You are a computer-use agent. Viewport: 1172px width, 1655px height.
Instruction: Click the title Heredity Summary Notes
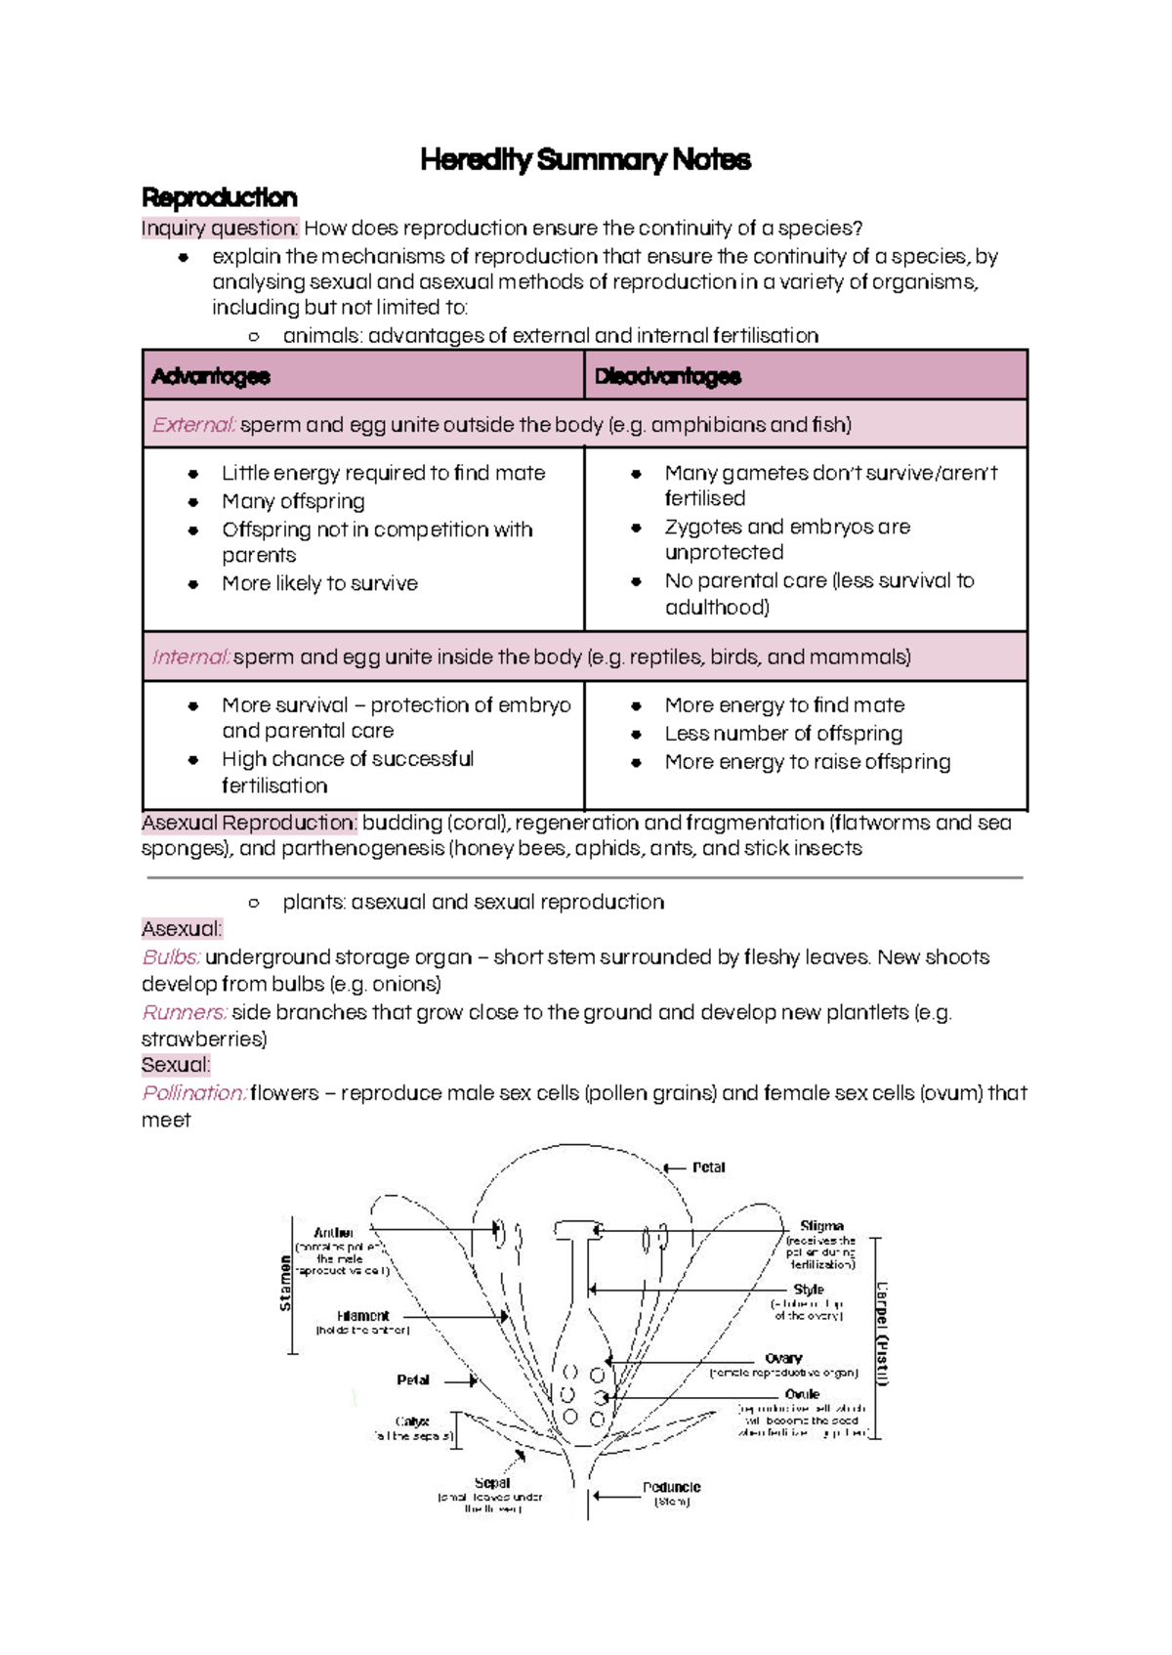click(585, 159)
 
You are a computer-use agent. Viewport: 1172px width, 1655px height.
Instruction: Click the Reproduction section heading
click(219, 197)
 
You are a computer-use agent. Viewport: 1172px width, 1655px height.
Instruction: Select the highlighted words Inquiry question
click(219, 229)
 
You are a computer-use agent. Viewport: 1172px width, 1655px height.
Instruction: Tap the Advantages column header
click(211, 376)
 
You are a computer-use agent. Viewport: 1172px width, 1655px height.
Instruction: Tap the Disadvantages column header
click(667, 376)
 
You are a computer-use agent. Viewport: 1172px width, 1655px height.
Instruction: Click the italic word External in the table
click(193, 425)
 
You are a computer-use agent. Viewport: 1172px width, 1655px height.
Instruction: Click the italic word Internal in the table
click(190, 657)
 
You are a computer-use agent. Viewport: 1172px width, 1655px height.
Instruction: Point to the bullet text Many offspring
click(293, 501)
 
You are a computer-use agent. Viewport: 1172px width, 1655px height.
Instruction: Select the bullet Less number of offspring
click(783, 733)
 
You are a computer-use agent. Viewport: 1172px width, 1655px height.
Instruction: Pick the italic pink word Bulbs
click(171, 957)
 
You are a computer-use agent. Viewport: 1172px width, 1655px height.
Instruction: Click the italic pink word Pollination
click(193, 1093)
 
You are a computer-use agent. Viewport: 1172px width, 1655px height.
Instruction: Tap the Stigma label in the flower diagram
click(821, 1225)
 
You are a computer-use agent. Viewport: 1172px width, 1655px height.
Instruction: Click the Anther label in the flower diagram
click(333, 1233)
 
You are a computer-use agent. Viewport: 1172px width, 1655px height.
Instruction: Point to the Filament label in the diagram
click(363, 1316)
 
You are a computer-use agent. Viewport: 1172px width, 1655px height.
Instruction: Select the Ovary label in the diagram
click(783, 1358)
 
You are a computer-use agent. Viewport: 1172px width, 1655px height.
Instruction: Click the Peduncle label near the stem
click(671, 1487)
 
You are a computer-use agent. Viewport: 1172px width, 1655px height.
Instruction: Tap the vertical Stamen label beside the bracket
click(285, 1284)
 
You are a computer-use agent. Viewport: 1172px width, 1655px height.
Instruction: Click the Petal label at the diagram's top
click(708, 1167)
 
